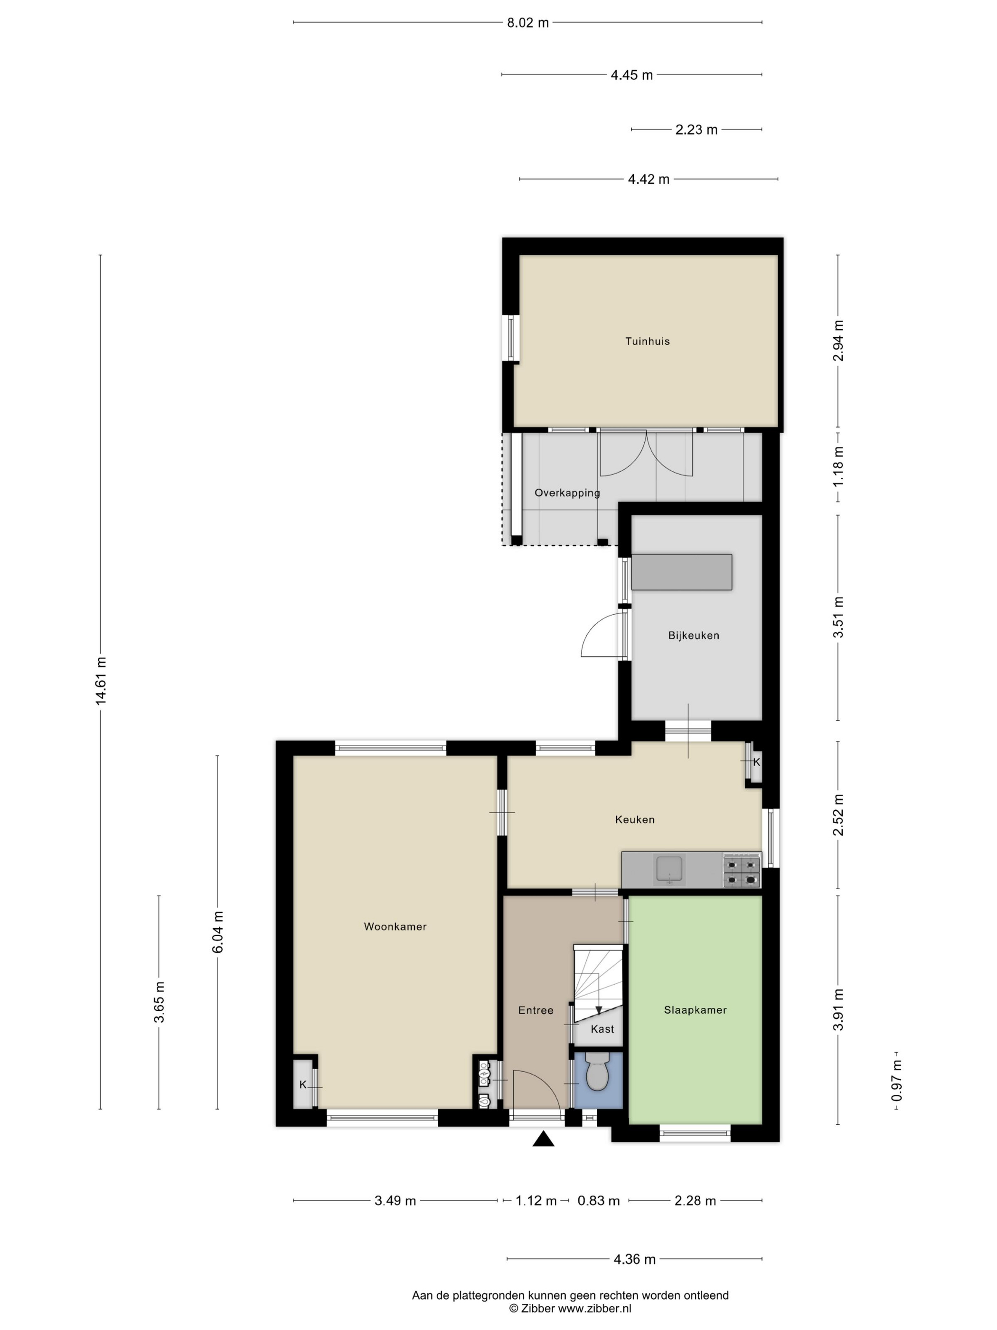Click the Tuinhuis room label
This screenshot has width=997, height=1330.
pyautogui.click(x=647, y=341)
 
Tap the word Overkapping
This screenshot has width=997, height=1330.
pyautogui.click(x=567, y=493)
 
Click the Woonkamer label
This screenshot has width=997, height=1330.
pyautogui.click(x=395, y=927)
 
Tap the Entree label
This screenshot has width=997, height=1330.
pyautogui.click(x=536, y=1011)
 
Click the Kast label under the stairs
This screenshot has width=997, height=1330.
pyautogui.click(x=602, y=1029)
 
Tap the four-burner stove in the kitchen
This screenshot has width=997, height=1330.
pyautogui.click(x=742, y=871)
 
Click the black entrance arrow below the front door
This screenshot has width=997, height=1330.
pyautogui.click(x=543, y=1138)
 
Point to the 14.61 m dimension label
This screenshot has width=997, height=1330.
pyautogui.click(x=100, y=680)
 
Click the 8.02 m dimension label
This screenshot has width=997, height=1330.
pyautogui.click(x=527, y=23)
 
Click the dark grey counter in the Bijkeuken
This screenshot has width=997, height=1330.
pyautogui.click(x=681, y=572)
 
